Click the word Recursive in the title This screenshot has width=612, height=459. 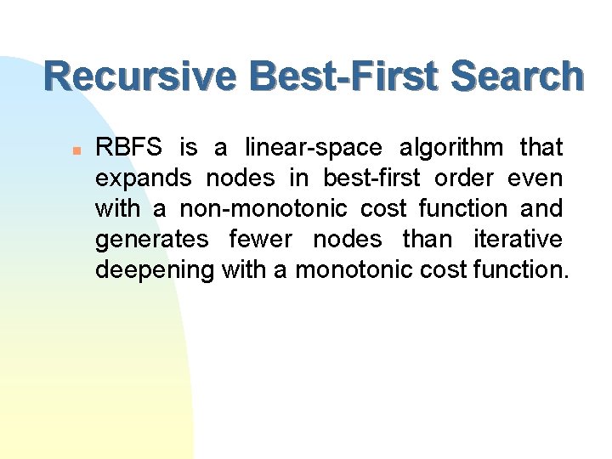point(139,76)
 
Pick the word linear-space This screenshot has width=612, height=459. point(313,148)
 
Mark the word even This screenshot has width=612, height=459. point(535,178)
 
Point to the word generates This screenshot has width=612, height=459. point(151,240)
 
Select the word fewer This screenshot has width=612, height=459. point(261,240)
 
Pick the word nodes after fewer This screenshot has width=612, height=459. point(347,240)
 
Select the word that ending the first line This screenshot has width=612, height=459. point(541,148)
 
